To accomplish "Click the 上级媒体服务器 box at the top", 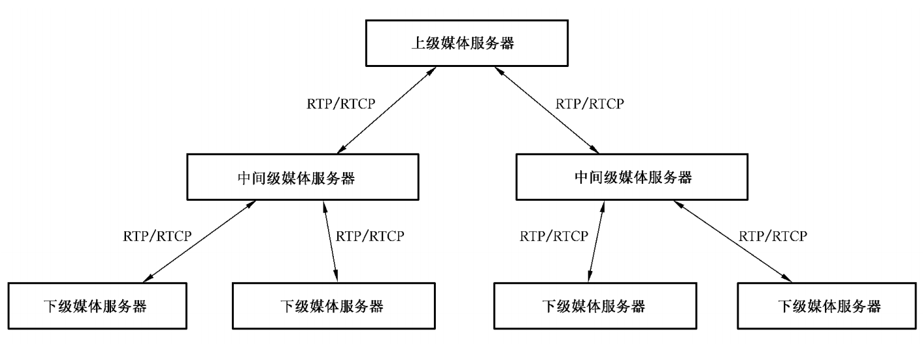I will coord(461,44).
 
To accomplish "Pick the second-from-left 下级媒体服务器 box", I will coord(331,305).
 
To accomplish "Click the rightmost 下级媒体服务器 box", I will coord(829,305).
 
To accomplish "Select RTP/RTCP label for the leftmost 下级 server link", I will coord(157,235).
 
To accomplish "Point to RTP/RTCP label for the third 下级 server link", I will coord(553,235).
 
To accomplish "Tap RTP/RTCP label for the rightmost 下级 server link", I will coord(773,235).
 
